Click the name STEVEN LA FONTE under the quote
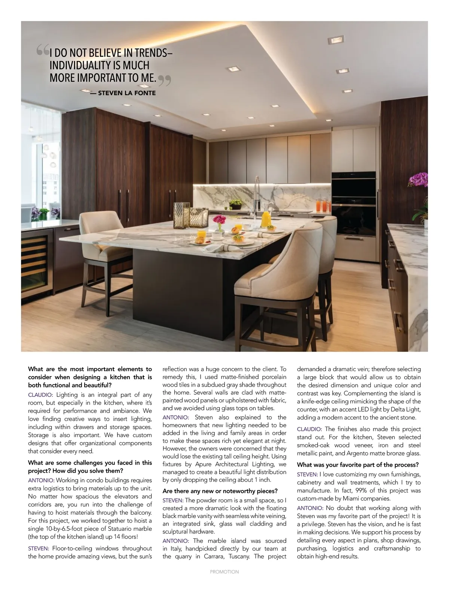pos(127,93)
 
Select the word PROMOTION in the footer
pos(224,572)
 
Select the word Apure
pos(204,464)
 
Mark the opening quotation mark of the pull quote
pos(43,50)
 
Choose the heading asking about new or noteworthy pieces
pos(220,491)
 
